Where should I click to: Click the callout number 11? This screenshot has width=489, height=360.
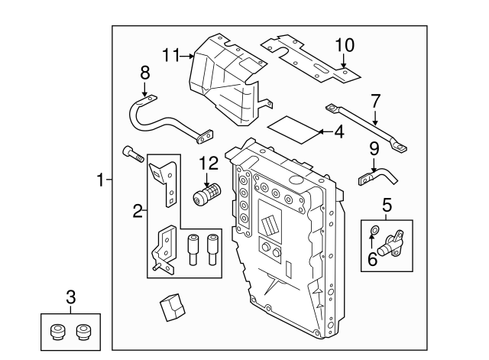[x=170, y=54]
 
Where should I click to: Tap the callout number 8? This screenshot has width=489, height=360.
[x=144, y=73]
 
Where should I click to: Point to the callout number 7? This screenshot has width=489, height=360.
[x=374, y=100]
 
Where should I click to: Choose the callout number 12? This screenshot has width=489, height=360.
[x=208, y=163]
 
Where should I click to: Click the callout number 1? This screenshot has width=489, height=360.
[x=99, y=180]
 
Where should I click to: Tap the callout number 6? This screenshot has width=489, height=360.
[x=372, y=258]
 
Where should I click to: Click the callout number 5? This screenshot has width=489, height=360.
[x=387, y=204]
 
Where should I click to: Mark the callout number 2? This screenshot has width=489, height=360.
[x=138, y=212]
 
